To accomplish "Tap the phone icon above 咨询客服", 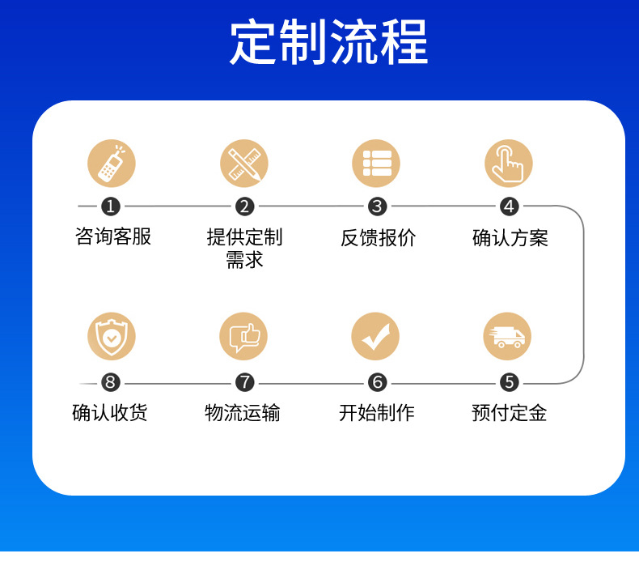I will point(112,164).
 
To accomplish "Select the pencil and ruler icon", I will point(244,164).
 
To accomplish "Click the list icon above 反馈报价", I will point(376,164).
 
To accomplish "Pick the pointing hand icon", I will point(509,164).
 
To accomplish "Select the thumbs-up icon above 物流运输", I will point(243,336).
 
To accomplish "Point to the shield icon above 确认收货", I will point(112,336).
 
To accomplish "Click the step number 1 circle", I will point(112,206).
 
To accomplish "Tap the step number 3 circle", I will point(377,206).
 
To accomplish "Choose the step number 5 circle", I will point(509,382).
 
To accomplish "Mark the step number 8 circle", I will point(112,382).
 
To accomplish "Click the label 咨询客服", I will point(113,236).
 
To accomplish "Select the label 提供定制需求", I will point(244,248).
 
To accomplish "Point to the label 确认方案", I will point(510,237).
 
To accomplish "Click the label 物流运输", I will point(243,413).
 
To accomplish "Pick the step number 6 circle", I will point(377,382).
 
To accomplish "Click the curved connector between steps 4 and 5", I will point(582,295).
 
